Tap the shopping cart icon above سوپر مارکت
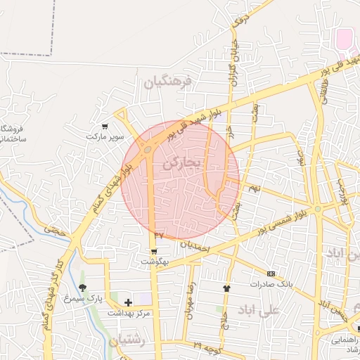[x=105, y=126]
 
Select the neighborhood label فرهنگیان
[x=167, y=82]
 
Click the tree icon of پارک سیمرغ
[x=82, y=288]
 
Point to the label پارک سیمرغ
[x=85, y=297]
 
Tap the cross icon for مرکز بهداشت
[x=128, y=302]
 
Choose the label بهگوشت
[x=155, y=261]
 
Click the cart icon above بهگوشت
[x=153, y=250]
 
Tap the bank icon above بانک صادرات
[x=271, y=274]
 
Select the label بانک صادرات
[x=271, y=284]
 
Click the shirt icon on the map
[x=226, y=288]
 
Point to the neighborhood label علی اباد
[x=259, y=309]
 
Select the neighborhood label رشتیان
[x=127, y=340]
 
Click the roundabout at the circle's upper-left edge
[x=147, y=149]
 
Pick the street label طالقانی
[x=325, y=91]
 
